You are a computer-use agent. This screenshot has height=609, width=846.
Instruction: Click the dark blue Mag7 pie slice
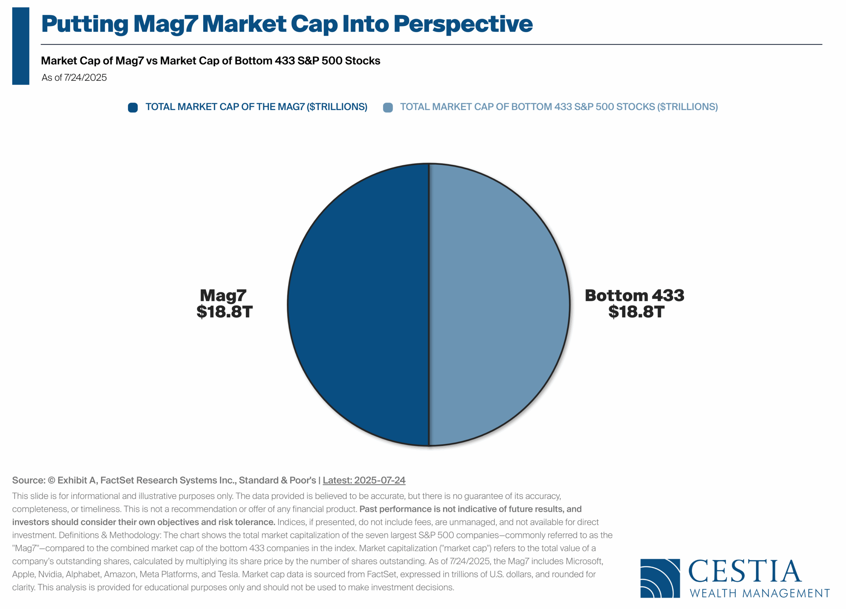tap(358, 304)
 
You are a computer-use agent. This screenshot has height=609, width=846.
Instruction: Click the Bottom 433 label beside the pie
tap(634, 295)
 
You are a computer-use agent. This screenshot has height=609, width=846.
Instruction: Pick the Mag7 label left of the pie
tap(223, 296)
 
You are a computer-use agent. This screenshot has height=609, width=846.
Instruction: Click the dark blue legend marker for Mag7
tap(133, 107)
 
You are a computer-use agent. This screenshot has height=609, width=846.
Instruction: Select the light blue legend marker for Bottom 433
tap(388, 107)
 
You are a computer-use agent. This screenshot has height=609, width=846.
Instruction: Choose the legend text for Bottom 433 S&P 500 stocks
tap(559, 107)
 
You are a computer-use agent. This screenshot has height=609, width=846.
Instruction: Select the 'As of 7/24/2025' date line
tap(74, 78)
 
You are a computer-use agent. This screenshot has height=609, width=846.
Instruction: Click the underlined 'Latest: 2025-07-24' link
tap(364, 480)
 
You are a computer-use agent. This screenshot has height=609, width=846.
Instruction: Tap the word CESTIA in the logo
tap(745, 571)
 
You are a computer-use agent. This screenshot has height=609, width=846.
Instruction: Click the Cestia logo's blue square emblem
tap(660, 578)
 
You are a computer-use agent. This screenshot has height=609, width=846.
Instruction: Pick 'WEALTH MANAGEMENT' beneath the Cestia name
tap(760, 593)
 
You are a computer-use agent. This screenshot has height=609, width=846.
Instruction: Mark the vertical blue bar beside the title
tap(21, 46)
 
